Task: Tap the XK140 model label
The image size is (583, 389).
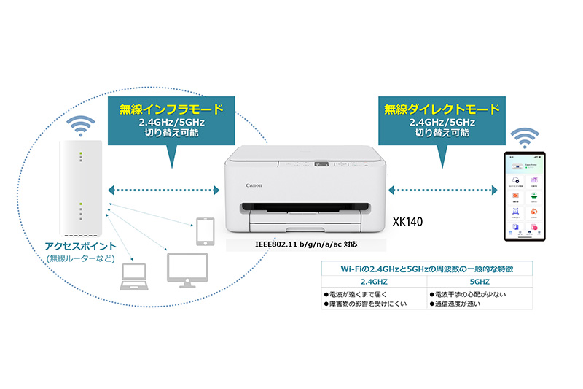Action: pos(405,220)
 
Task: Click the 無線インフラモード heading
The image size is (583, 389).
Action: pos(171,110)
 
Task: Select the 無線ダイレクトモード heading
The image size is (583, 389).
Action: pos(442,110)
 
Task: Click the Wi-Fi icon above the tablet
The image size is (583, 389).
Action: pos(525,136)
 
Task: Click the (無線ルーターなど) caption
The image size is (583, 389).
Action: pos(80,258)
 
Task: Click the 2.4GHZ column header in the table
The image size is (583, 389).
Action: pos(373,281)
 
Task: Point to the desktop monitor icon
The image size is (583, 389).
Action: pos(187,269)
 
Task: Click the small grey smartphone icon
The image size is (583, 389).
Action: pos(203,231)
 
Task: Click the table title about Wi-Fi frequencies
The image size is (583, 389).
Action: pos(426,269)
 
